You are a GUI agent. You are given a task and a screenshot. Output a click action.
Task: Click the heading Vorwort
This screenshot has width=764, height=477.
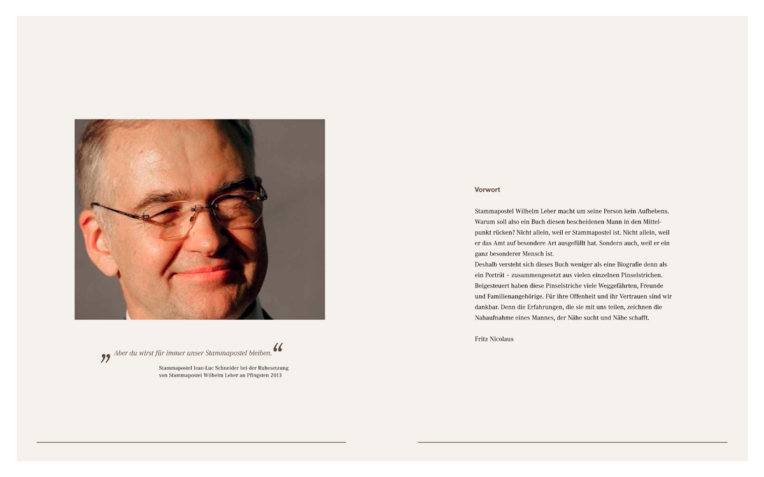pos(487,190)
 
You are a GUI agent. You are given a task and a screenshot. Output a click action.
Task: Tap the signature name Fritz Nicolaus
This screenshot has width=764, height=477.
pos(494,339)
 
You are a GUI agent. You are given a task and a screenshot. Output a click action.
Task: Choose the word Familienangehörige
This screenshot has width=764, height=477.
pos(520,296)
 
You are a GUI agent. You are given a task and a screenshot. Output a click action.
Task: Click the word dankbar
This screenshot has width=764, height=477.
pos(488,307)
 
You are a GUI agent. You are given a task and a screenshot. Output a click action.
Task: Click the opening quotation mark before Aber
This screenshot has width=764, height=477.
pos(106,358)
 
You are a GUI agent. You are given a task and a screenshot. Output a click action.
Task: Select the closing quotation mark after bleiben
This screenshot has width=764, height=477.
pos(278,347)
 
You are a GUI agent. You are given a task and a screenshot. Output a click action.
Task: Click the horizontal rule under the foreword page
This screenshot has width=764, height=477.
pos(572,442)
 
